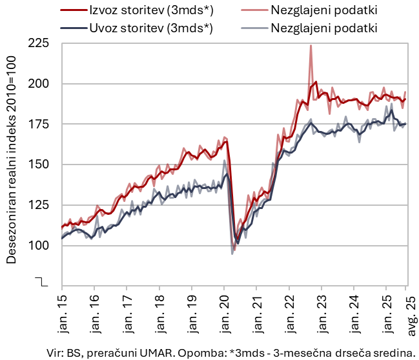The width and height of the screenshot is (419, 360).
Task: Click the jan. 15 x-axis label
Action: [61, 314]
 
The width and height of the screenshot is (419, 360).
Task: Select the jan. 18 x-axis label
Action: [159, 314]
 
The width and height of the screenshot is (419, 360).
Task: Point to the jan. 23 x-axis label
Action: [321, 314]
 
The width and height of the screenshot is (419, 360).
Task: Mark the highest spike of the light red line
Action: [311, 46]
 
